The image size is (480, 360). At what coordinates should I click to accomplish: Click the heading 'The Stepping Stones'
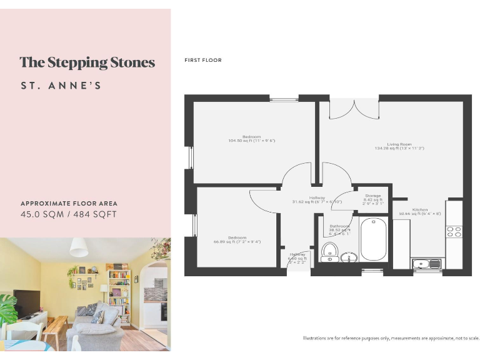[87, 62]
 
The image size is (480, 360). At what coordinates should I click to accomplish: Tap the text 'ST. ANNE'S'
[61, 86]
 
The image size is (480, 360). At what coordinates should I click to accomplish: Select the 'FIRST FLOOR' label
[203, 61]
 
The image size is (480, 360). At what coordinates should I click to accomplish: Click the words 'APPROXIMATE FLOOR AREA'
[69, 204]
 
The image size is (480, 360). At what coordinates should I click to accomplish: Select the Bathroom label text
[339, 227]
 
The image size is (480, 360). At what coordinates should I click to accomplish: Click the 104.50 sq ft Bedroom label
[252, 138]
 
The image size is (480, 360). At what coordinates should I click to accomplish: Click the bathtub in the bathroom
[374, 239]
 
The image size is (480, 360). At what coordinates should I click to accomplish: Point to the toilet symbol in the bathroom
[329, 252]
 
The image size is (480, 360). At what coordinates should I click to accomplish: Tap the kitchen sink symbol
[426, 264]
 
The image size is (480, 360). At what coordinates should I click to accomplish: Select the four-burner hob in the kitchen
[454, 232]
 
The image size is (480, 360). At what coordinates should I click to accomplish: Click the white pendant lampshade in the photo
[79, 247]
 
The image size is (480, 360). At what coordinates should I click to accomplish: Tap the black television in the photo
[27, 304]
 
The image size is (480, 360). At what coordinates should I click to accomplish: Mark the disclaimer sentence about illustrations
[391, 338]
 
